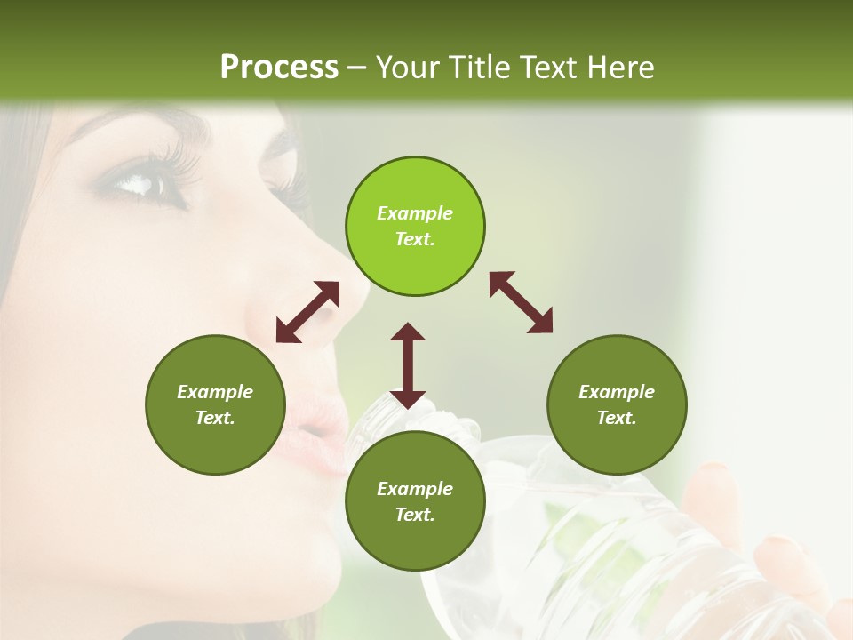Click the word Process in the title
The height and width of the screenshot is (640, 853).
tap(279, 67)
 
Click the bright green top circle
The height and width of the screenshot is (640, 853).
tap(415, 226)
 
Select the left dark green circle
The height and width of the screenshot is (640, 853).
tap(215, 404)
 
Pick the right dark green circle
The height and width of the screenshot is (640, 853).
tap(617, 404)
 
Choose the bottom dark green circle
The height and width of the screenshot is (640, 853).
tap(415, 501)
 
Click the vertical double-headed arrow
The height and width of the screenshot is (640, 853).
tap(408, 365)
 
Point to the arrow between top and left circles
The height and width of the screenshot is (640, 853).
tap(307, 312)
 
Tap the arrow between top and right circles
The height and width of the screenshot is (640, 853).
tap(522, 302)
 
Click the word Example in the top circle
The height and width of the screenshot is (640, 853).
tap(415, 213)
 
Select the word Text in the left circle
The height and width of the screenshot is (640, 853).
tap(215, 418)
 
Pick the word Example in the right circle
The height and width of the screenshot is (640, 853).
tap(617, 392)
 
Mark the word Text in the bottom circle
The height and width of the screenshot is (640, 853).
tap(415, 515)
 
